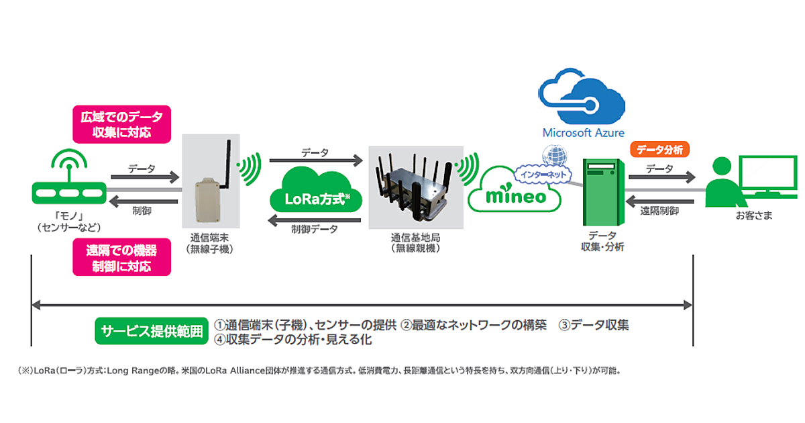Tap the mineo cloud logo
[515, 193]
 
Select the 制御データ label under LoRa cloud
[314, 229]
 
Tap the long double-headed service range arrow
[362, 305]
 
